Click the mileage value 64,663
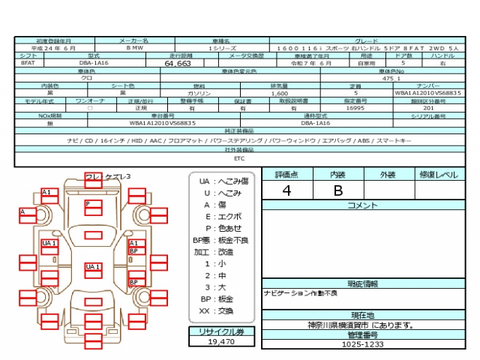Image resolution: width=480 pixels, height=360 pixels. [174, 64]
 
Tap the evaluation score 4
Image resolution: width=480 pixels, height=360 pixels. [286, 190]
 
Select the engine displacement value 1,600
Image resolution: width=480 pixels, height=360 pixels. [279, 94]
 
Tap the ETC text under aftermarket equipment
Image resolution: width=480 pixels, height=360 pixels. [239, 159]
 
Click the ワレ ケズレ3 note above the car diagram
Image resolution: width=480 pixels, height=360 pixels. [107, 176]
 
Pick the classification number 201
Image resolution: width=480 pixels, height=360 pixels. [428, 108]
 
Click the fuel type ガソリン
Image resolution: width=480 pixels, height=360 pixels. [199, 94]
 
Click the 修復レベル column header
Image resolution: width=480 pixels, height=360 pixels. [436, 175]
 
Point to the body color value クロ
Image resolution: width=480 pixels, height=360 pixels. [87, 79]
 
